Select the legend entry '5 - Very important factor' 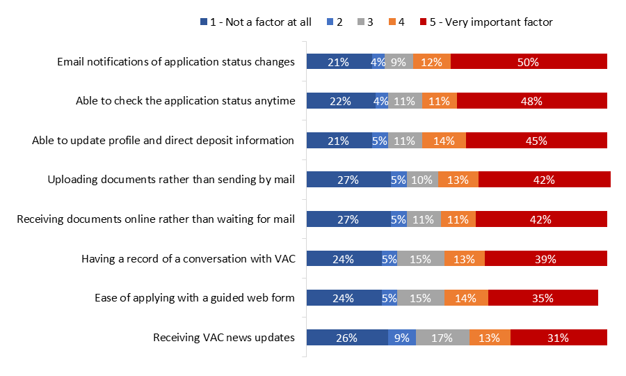point(486,22)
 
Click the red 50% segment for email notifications point(529,61)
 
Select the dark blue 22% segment point(341,101)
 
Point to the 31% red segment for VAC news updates point(559,338)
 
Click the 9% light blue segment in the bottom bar point(402,338)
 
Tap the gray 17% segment point(442,338)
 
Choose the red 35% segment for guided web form point(543,298)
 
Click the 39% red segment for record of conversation point(545,259)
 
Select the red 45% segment point(536,140)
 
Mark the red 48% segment point(531,101)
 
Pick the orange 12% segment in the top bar point(431,61)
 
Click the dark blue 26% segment point(347,338)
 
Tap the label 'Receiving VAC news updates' point(224,338)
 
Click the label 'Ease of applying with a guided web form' point(195,298)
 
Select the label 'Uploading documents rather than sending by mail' point(171,180)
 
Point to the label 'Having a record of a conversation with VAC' point(188,259)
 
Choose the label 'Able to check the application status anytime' point(185,101)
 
